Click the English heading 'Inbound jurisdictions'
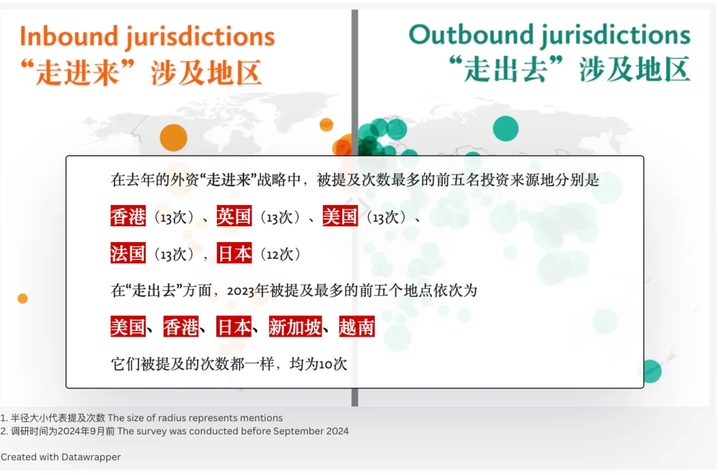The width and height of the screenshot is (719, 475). (147, 37)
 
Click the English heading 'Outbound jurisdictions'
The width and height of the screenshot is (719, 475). (549, 35)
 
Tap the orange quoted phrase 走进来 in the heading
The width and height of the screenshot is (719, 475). (78, 73)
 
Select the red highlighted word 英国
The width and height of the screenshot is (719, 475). (234, 216)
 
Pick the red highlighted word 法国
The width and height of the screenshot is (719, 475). (128, 253)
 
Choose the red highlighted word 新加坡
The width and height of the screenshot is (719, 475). (296, 327)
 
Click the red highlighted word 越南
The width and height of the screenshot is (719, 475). (357, 327)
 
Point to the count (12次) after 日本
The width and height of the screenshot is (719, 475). (281, 253)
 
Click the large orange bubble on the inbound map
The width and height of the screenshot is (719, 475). (173, 138)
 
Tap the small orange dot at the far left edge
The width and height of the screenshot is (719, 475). (23, 299)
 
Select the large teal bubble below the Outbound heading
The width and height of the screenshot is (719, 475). (506, 128)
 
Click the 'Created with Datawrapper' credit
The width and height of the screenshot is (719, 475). (61, 456)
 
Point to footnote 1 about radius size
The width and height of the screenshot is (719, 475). (141, 418)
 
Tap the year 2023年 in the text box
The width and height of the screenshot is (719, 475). (248, 291)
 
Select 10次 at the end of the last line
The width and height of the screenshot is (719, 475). (333, 364)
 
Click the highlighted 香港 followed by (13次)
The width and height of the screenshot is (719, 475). (128, 216)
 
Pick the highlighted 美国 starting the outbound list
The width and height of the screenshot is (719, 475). (128, 327)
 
